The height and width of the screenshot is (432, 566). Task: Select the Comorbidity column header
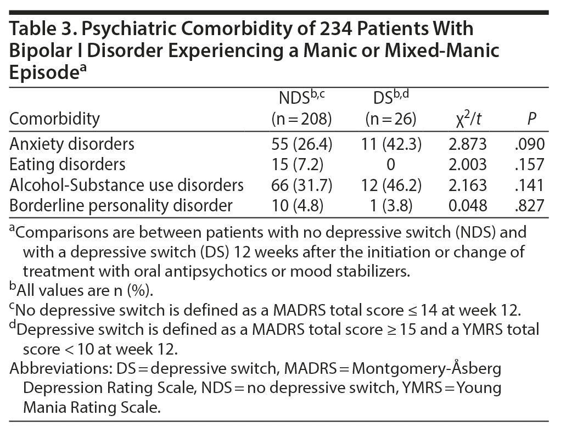[55, 119]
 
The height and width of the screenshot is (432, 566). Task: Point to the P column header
[530, 119]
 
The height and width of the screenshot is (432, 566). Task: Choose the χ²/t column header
[467, 119]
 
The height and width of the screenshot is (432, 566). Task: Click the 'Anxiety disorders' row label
[72, 144]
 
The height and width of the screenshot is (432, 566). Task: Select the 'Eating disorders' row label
[68, 164]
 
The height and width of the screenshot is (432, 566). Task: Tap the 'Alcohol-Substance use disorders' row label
[127, 184]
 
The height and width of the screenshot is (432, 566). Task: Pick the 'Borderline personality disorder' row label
[120, 205]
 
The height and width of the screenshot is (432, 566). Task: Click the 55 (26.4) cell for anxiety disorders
[303, 144]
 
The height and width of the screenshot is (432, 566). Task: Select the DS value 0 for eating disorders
[393, 164]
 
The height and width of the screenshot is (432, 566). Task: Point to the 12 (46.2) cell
[393, 184]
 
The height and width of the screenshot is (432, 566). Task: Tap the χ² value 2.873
[467, 144]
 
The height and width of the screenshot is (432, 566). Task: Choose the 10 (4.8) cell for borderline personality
[303, 205]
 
